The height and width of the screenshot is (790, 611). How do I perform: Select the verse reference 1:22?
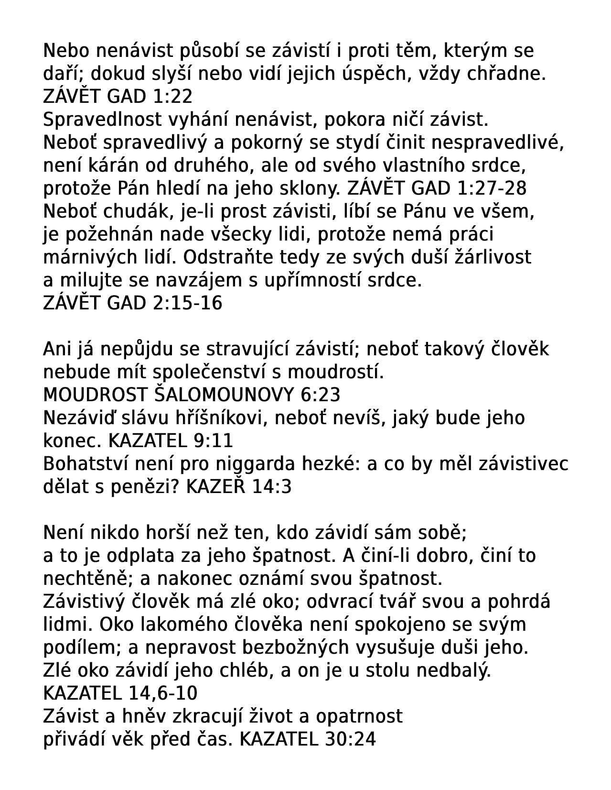(173, 97)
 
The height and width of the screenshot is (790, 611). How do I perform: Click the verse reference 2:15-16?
(193, 303)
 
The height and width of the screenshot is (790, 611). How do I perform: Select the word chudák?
(143, 211)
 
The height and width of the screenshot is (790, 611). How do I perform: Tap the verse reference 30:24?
(350, 739)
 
